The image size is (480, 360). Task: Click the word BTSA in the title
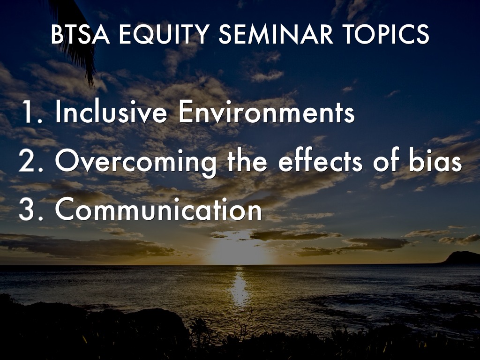80,34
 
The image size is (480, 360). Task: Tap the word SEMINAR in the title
276,34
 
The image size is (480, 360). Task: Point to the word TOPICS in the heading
386,34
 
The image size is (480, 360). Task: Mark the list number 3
30,210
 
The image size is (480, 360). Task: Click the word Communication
158,209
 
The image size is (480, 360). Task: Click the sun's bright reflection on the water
240,286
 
